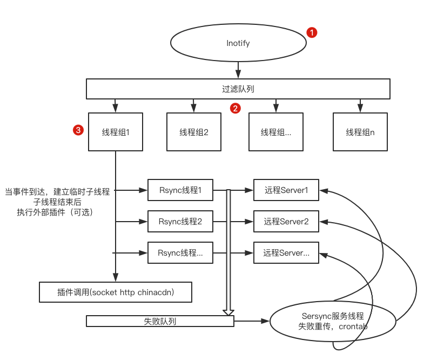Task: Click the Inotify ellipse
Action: (238, 43)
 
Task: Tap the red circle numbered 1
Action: (312, 32)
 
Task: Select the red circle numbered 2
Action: (235, 108)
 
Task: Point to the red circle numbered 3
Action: (78, 130)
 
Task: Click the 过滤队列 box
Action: (238, 89)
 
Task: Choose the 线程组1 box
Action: (116, 132)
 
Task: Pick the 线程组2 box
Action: (194, 132)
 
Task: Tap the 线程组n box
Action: (360, 132)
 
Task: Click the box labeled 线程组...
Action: (276, 132)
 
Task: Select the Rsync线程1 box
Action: (180, 190)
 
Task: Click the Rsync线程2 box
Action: (180, 222)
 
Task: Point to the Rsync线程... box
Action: (180, 253)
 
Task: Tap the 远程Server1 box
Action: (286, 190)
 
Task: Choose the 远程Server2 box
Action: (286, 222)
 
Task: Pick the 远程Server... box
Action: (286, 253)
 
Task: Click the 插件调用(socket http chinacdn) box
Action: (116, 292)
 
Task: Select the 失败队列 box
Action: (160, 321)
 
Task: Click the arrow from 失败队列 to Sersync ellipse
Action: (252, 321)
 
